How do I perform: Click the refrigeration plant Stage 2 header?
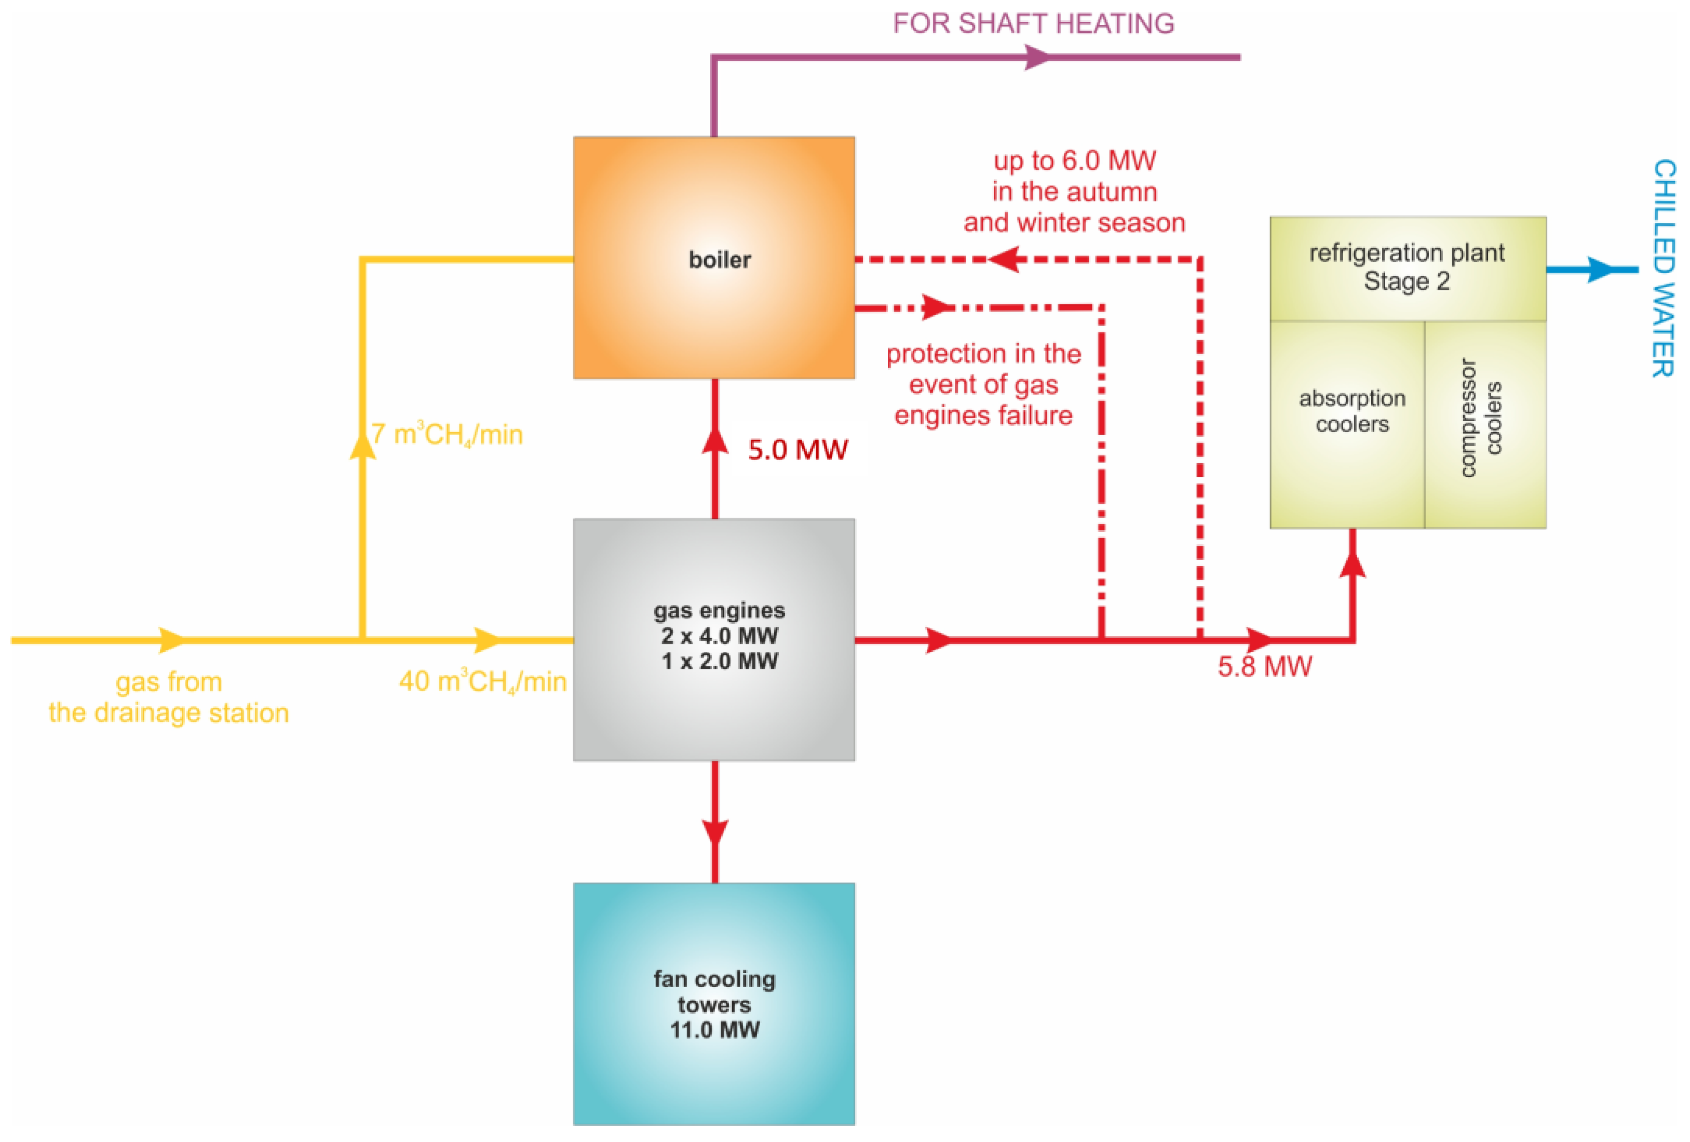pos(1407,266)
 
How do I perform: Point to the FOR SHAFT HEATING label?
pos(1033,23)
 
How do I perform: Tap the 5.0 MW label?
pos(797,450)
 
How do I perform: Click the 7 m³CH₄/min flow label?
pos(447,434)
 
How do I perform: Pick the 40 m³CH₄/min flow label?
pos(482,681)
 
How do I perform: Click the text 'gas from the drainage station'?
pos(169,697)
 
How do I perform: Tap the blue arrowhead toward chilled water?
pos(1600,270)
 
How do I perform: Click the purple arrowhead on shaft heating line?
pos(1038,57)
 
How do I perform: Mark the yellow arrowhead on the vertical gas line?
pos(363,444)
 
